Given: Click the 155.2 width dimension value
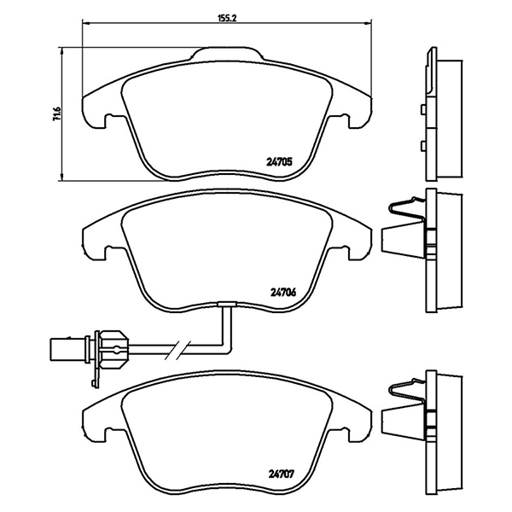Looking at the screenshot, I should (x=226, y=15).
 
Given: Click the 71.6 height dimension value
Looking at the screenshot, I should (x=56, y=113).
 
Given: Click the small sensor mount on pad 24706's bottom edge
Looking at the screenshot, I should (x=227, y=305).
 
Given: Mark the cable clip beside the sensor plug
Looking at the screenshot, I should (x=111, y=346).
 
